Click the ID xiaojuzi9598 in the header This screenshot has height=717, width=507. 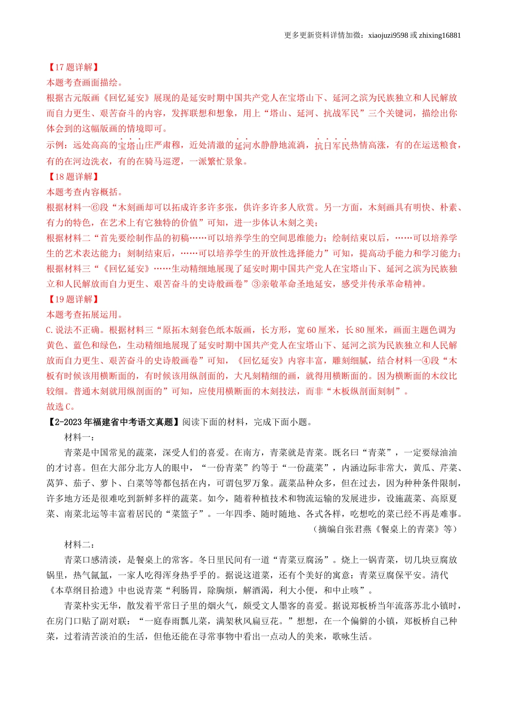click(388, 36)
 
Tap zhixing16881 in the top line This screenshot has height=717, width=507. click(440, 36)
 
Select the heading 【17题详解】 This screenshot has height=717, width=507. click(73, 67)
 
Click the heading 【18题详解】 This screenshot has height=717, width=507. click(73, 177)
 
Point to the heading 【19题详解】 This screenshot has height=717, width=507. click(73, 299)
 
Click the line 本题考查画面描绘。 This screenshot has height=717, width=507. click(85, 83)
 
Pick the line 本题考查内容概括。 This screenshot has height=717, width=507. click(85, 192)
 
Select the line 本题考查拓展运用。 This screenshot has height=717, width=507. click(85, 315)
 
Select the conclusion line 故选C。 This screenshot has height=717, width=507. click(61, 407)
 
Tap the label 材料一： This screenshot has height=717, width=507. click(80, 437)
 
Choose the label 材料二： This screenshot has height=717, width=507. click(80, 545)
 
